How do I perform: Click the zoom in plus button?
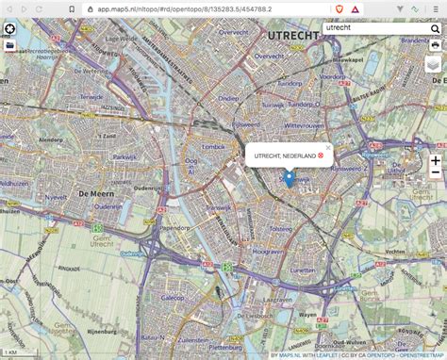pos(435,160)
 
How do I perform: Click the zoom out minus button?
pos(435,173)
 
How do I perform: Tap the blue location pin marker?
pos(289,178)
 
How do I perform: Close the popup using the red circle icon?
pos(321,155)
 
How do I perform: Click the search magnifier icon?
pos(435,29)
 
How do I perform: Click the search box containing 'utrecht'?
pos(372,29)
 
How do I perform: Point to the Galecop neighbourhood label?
pos(174,297)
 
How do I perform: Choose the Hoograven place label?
pos(269,252)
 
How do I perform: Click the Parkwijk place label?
pos(125,157)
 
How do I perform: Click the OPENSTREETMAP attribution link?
pos(421,355)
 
